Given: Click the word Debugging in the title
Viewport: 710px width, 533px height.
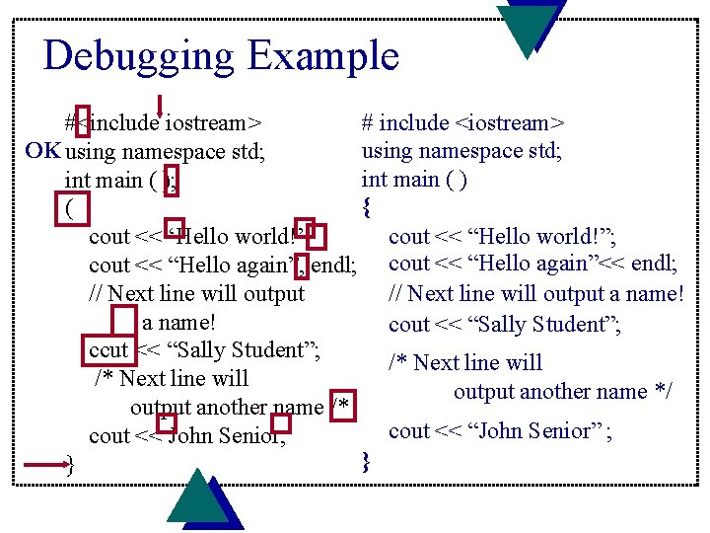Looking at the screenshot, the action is (x=138, y=55).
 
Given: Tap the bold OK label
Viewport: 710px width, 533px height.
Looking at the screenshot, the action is (x=42, y=151).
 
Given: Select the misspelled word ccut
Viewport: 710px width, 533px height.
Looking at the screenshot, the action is (x=108, y=350).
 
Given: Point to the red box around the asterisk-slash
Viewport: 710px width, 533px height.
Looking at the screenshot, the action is (x=342, y=407).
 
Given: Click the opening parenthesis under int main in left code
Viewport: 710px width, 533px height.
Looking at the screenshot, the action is (x=68, y=209).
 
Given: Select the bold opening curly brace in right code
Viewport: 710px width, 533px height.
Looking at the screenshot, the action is (x=367, y=208).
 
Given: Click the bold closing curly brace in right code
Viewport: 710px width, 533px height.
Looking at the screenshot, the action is (x=367, y=461).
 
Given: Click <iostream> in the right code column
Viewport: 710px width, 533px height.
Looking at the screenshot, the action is (x=509, y=123).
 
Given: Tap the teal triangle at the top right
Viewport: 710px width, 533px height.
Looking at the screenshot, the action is (x=531, y=25).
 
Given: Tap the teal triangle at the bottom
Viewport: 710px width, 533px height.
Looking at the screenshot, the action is (x=197, y=497).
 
